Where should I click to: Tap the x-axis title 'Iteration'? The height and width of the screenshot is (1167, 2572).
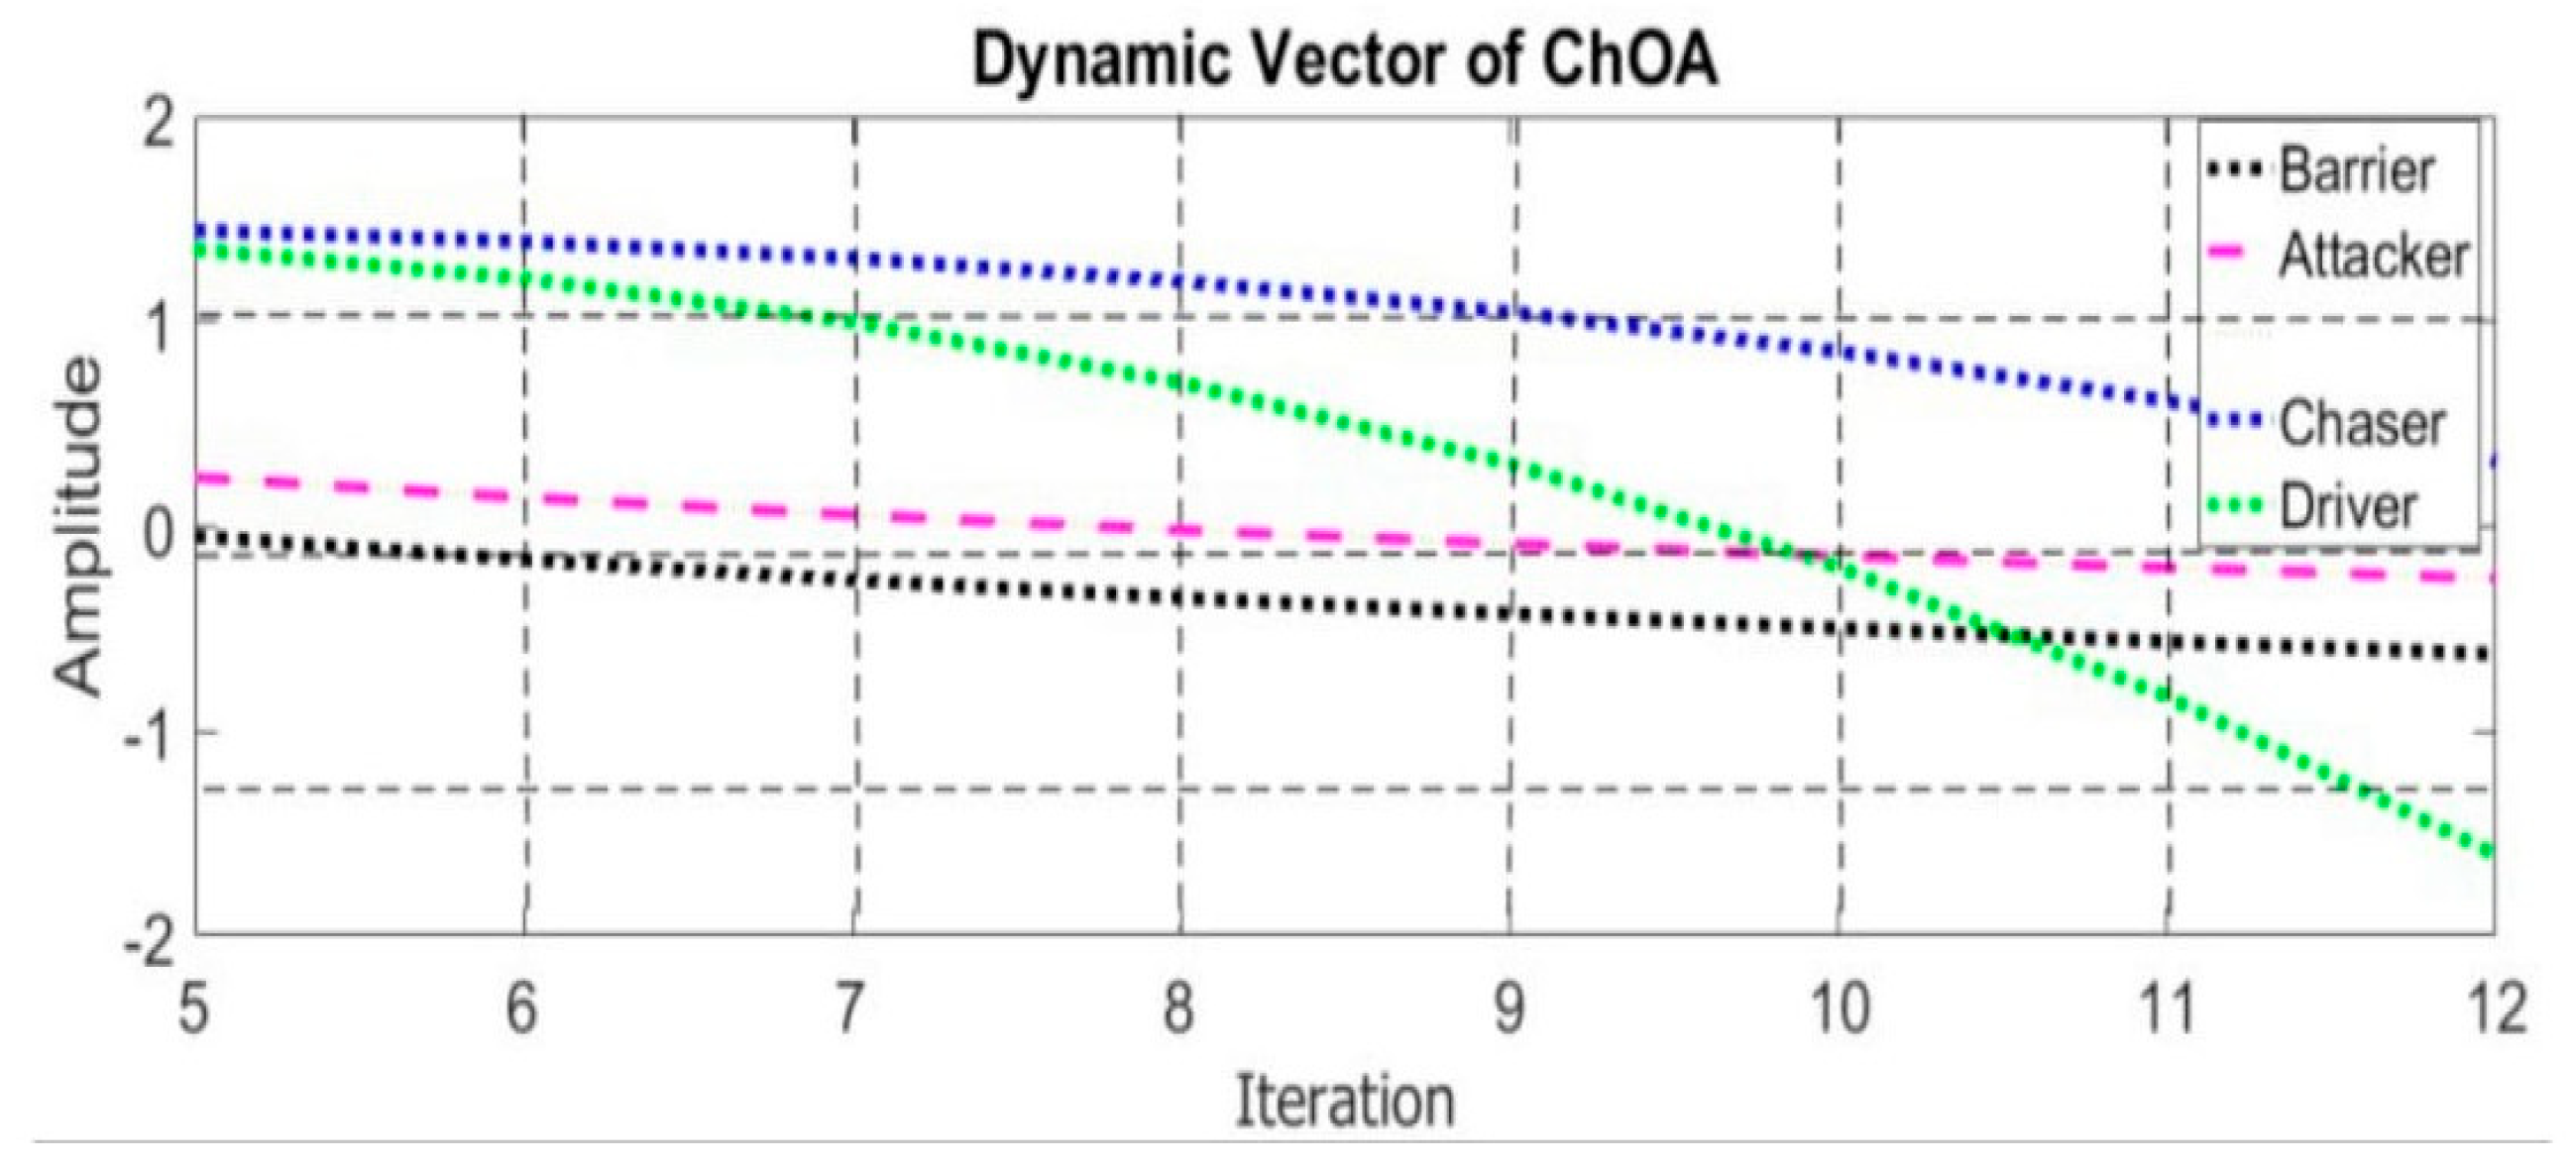(x=1344, y=1102)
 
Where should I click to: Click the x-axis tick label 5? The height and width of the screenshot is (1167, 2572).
(x=193, y=1008)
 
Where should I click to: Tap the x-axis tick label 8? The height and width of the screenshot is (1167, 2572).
(x=1179, y=1008)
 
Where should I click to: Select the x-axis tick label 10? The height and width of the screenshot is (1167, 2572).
(x=1840, y=1008)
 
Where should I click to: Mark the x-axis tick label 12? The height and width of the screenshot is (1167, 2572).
(x=2498, y=1008)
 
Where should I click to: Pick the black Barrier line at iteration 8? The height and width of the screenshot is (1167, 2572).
(x=1181, y=597)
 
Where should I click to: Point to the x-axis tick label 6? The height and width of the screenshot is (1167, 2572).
(x=522, y=1008)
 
